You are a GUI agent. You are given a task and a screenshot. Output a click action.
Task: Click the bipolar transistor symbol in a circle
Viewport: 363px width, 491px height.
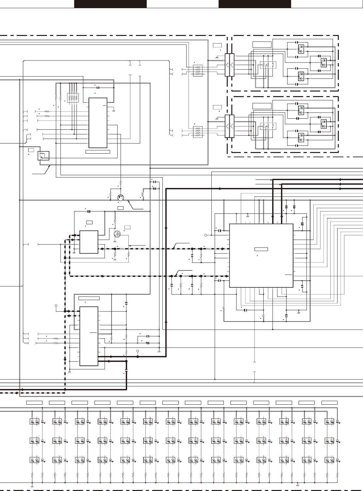[121, 197]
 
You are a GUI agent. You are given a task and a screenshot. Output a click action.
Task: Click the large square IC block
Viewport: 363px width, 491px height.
[261, 256]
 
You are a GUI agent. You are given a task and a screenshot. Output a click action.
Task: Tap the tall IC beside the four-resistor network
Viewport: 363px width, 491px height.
[98, 123]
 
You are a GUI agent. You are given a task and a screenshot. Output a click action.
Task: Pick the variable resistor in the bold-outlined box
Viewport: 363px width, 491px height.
[44, 156]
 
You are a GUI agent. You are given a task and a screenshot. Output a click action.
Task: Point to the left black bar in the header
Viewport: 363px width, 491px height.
[110, 4]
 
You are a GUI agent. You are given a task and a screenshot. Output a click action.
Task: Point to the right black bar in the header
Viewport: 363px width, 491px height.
[255, 4]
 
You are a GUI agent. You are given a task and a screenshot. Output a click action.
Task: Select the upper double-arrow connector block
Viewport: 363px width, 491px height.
[230, 65]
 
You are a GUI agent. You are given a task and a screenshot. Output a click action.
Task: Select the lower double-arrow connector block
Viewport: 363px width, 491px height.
[230, 126]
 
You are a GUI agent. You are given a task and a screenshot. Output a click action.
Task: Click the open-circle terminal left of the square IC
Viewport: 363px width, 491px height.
[206, 235]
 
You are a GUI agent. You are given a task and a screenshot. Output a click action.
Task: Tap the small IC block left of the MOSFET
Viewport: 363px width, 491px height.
[89, 242]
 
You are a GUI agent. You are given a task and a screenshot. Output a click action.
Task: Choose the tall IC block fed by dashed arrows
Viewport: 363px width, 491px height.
[89, 336]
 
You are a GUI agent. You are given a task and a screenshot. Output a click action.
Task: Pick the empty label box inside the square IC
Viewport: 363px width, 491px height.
[261, 249]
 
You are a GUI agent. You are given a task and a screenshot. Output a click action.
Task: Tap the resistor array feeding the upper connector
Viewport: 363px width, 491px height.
[198, 70]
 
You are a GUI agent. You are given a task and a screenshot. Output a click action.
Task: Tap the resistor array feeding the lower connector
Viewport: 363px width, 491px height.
[198, 132]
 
